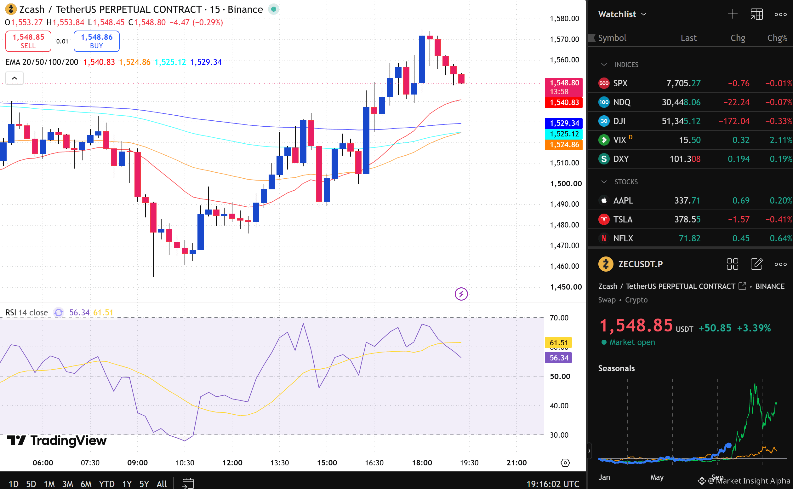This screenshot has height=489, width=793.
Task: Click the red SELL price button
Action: point(28,41)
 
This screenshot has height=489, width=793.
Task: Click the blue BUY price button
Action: point(96,41)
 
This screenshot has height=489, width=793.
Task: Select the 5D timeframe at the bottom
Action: point(31,484)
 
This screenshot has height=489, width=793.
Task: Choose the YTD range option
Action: point(107,484)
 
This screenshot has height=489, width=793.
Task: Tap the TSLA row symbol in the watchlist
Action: point(623,219)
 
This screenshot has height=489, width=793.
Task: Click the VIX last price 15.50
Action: point(690,140)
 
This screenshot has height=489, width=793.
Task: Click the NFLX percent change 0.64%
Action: point(781,238)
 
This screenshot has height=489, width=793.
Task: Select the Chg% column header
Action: point(777,38)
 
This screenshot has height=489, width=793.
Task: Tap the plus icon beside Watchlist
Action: point(733,14)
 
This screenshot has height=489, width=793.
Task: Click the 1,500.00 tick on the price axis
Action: point(566,184)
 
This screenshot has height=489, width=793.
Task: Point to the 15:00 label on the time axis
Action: point(327,463)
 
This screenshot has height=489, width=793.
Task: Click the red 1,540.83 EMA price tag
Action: point(563,102)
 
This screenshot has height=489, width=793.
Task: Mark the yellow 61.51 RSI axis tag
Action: point(558,343)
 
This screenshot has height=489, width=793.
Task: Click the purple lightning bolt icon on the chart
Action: point(461,294)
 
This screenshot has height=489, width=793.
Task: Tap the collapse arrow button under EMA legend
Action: point(14,78)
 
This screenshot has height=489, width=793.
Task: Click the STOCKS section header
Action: point(626,182)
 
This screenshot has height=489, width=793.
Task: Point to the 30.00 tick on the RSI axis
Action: point(559,435)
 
